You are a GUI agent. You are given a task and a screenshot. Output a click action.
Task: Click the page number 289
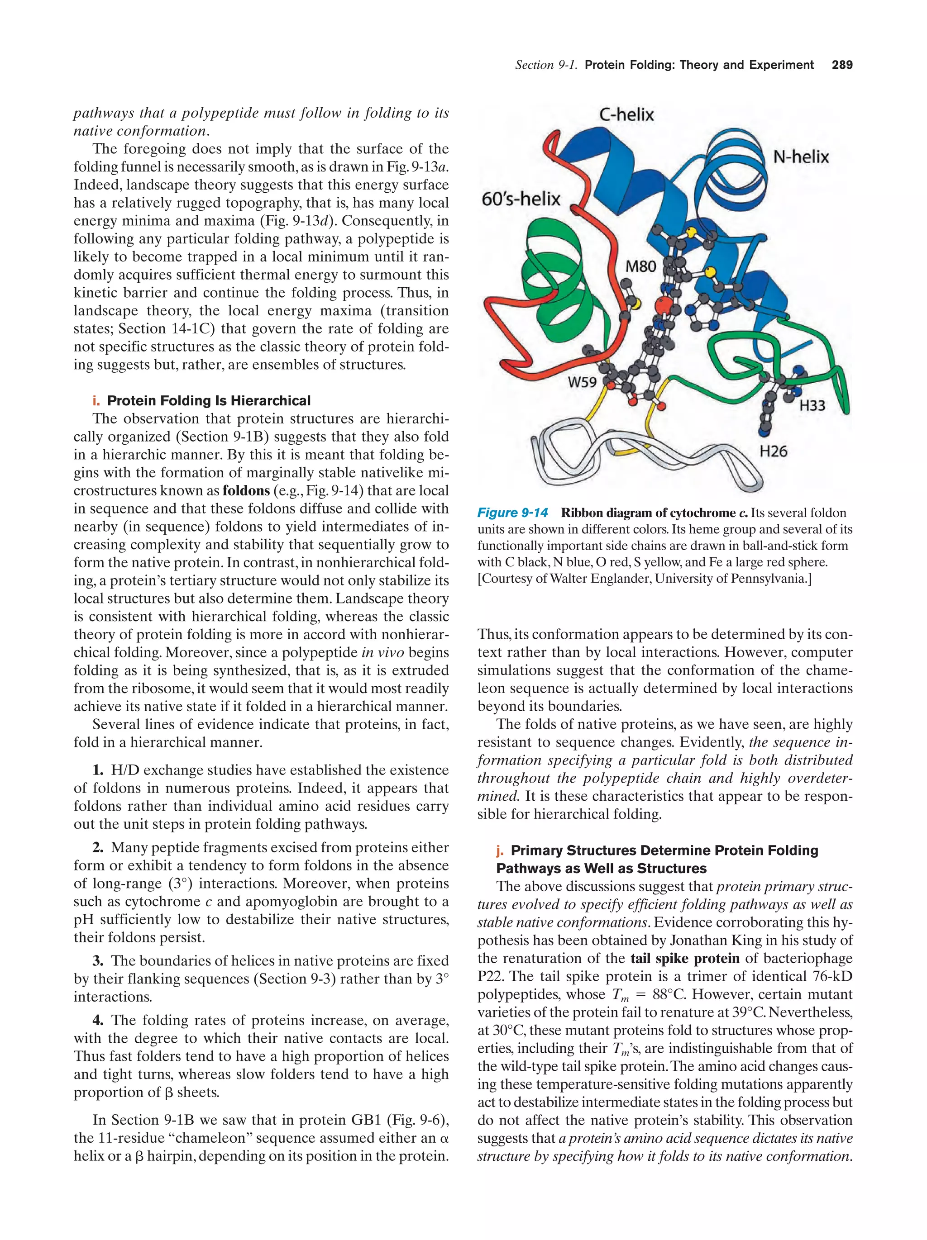[x=842, y=65]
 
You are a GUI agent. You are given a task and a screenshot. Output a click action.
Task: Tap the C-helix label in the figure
[x=626, y=115]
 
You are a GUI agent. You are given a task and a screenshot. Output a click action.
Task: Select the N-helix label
[x=801, y=157]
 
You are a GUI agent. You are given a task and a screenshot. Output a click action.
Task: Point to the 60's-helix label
[x=521, y=199]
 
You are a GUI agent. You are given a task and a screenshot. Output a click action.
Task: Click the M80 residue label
[x=640, y=266]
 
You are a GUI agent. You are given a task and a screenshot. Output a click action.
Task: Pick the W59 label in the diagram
[x=582, y=382]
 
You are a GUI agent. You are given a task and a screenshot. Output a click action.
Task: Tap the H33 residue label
[x=812, y=405]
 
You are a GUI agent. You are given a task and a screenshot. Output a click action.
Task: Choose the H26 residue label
[x=774, y=450]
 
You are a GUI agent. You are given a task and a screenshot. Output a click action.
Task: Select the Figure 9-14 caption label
[x=512, y=513]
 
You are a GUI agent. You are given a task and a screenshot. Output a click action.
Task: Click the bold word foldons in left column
[x=246, y=490]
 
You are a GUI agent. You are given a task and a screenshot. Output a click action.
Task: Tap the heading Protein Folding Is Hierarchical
[x=208, y=400]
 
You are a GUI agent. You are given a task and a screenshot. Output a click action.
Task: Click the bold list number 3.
[x=98, y=961]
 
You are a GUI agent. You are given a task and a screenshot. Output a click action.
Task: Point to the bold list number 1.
[x=98, y=770]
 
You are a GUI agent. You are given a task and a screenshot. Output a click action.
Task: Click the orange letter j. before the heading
[x=500, y=850]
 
